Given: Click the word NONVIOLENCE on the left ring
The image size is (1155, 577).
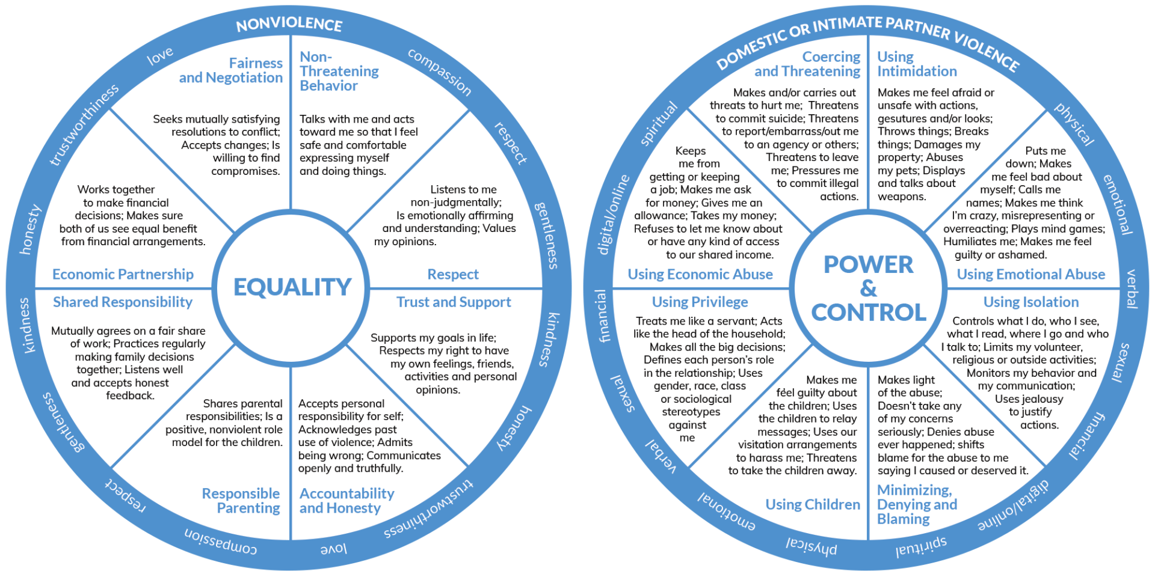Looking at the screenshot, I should click(x=289, y=24).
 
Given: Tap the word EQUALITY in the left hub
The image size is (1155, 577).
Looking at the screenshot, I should click(x=292, y=287).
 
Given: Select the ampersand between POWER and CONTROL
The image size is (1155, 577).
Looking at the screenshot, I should click(x=868, y=288).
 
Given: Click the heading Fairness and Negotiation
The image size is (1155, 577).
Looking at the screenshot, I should click(x=231, y=70).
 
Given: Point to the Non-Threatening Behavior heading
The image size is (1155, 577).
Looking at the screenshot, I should click(x=339, y=71).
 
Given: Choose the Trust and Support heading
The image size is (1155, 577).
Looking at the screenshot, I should click(x=454, y=302).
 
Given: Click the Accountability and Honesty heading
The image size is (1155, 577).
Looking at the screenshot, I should click(x=346, y=501).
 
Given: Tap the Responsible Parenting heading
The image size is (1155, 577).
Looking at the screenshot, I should click(x=241, y=501).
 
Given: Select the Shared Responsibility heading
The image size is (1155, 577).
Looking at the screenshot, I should click(x=123, y=302).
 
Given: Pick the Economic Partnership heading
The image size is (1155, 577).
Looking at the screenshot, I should click(x=123, y=274).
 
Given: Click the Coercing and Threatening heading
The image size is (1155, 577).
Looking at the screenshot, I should click(x=808, y=64).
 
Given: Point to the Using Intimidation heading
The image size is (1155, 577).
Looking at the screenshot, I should click(x=917, y=64).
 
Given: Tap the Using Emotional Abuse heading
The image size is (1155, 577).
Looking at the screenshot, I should click(x=1031, y=274).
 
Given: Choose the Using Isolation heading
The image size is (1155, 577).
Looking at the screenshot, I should click(x=1031, y=302).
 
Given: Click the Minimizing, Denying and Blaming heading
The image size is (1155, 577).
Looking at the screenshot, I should click(x=917, y=504).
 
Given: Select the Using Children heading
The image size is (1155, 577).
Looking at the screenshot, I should click(x=813, y=504).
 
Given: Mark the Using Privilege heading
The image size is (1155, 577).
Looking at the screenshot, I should click(x=700, y=302).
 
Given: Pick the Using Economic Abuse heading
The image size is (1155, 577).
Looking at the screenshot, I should click(x=700, y=274).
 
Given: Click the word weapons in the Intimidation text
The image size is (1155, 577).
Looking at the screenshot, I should click(x=902, y=197).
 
